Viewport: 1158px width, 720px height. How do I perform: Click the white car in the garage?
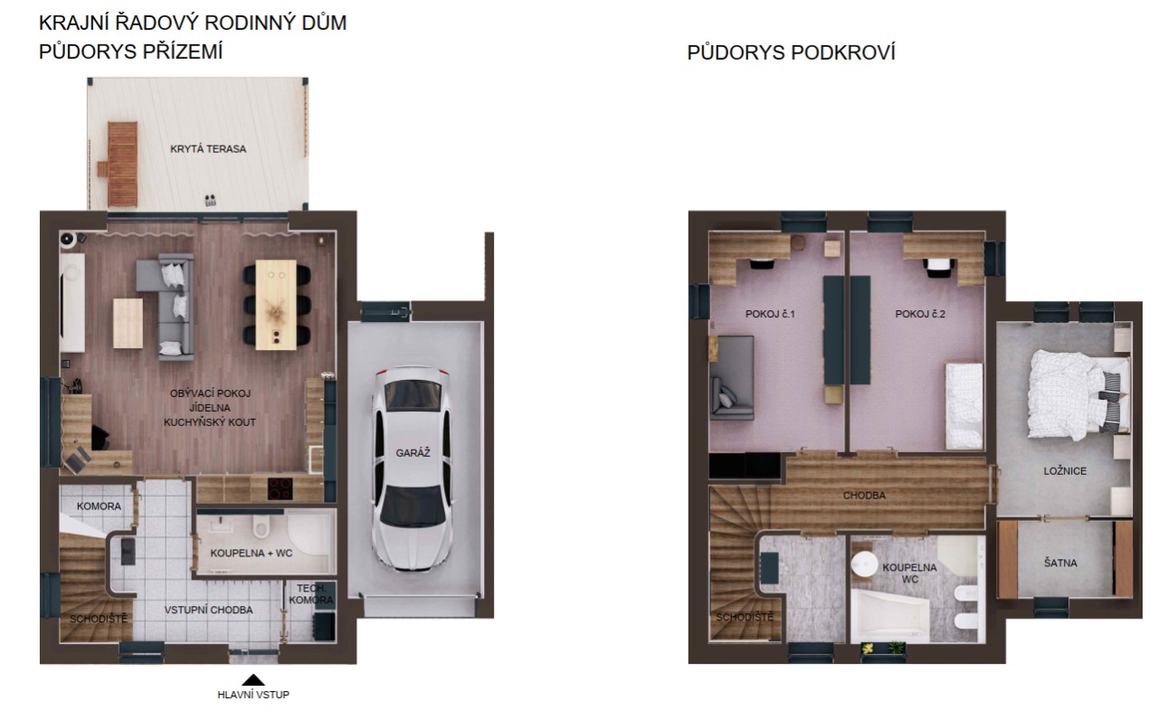[x=412, y=469]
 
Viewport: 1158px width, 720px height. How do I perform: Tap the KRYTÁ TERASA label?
[x=208, y=149]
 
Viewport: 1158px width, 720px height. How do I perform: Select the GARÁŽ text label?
[x=413, y=453]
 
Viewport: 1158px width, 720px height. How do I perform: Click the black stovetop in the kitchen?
[x=280, y=488]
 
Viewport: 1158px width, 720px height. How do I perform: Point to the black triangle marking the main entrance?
[x=253, y=680]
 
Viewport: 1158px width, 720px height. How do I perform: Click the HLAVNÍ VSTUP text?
[x=253, y=695]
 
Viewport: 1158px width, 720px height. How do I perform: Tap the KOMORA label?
[x=99, y=506]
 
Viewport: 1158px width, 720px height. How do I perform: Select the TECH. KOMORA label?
[x=311, y=594]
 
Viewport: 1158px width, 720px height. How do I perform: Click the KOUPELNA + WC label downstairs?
[x=252, y=553]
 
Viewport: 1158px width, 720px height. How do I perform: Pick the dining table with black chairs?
[x=277, y=304]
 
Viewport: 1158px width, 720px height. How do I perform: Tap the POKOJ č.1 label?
[x=770, y=314]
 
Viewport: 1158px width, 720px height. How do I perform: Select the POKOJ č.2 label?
[x=920, y=314]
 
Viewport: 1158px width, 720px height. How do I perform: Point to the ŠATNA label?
[x=1061, y=563]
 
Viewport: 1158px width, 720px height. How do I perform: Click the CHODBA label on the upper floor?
[x=864, y=495]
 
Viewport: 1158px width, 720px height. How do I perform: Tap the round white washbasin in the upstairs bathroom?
[x=864, y=564]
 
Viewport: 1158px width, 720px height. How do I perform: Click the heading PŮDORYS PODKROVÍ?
[x=791, y=52]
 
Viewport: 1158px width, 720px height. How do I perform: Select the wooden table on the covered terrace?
[x=123, y=165]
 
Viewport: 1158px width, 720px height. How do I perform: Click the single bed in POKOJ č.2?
[x=963, y=406]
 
